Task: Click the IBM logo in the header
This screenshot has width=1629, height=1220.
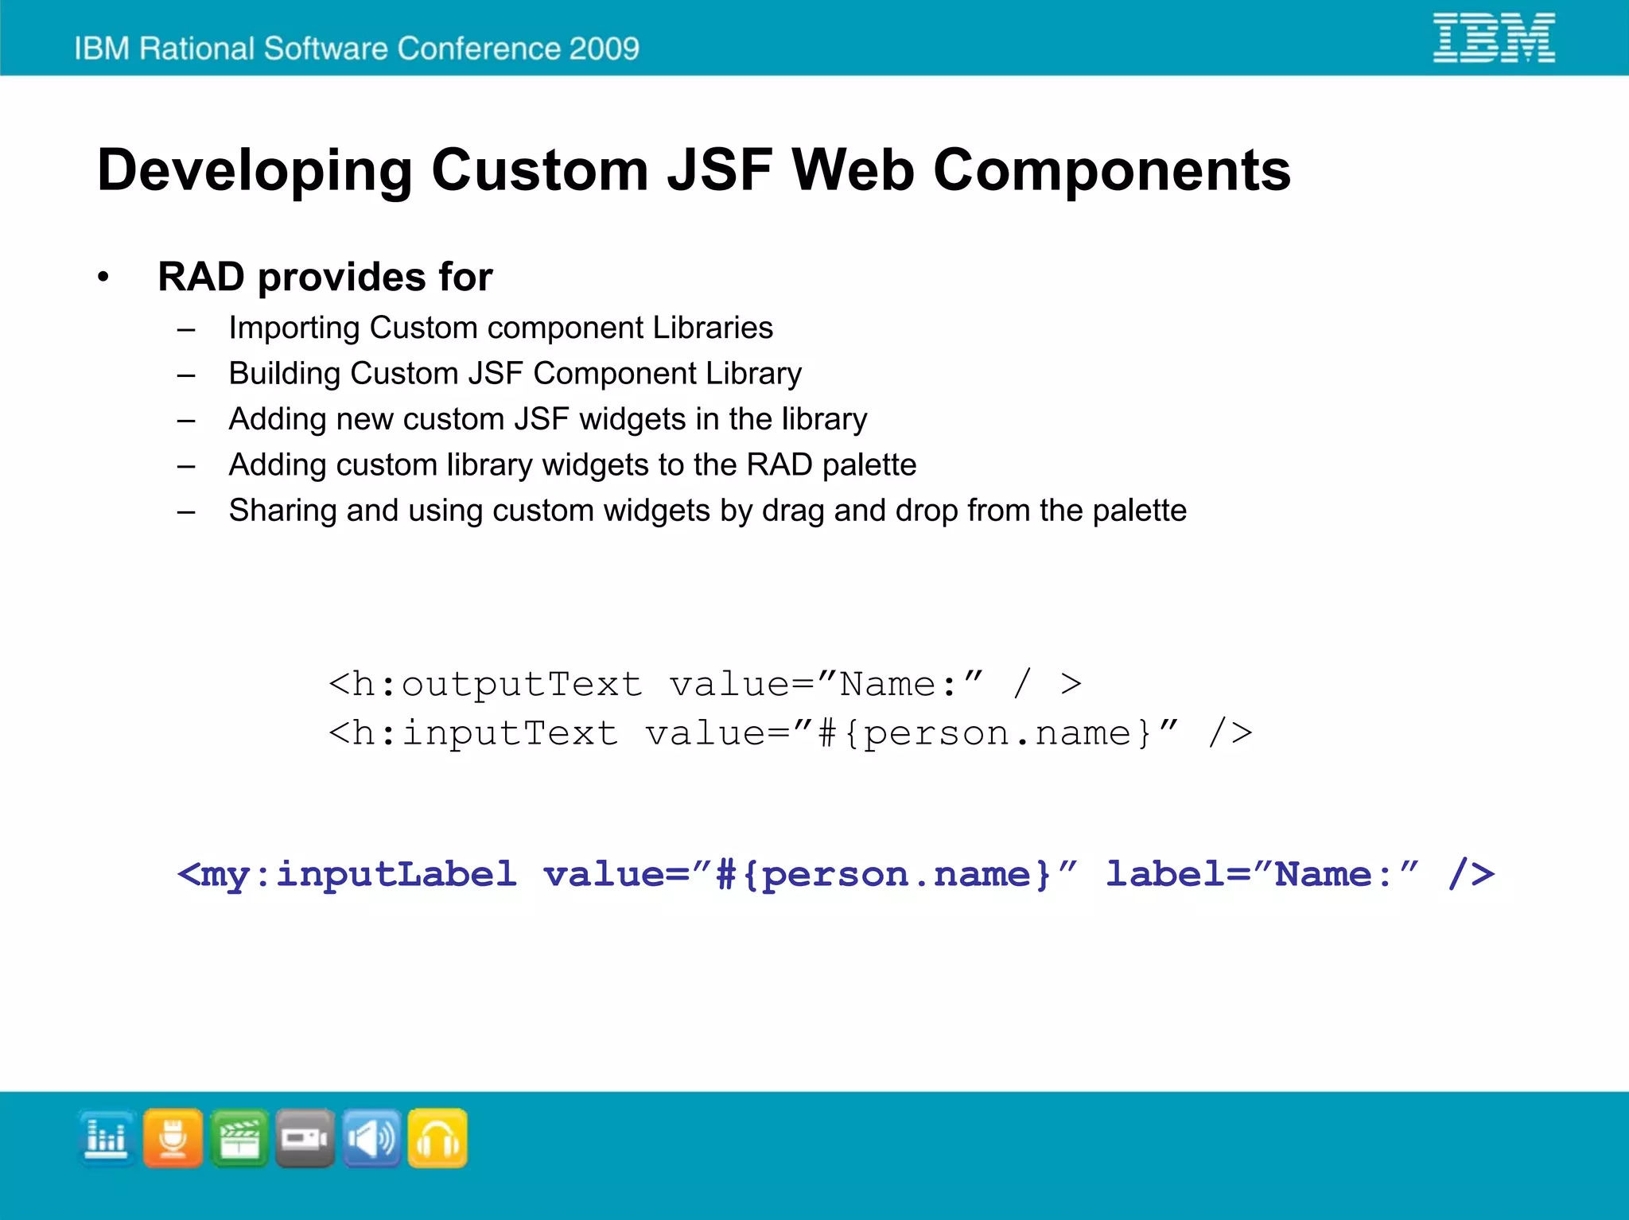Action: tap(1494, 37)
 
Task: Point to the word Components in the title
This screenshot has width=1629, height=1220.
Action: tap(1111, 171)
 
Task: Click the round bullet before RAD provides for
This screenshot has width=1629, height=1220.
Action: tap(103, 278)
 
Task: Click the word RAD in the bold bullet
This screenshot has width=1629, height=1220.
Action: tap(201, 277)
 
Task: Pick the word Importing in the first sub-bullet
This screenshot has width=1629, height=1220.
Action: tap(294, 328)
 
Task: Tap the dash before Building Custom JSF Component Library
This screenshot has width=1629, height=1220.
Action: tap(186, 375)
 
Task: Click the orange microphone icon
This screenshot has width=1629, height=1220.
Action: tap(173, 1138)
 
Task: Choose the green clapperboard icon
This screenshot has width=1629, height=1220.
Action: tap(239, 1138)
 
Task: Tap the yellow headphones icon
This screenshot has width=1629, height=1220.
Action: tap(437, 1138)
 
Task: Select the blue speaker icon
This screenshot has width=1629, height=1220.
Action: tap(371, 1138)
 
